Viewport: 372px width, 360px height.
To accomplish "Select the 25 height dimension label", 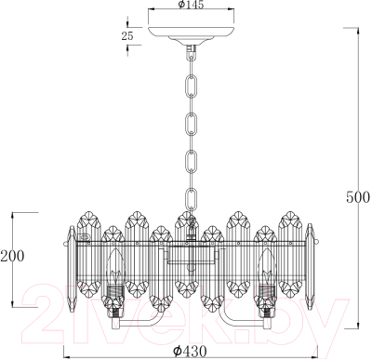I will click(126, 35).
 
